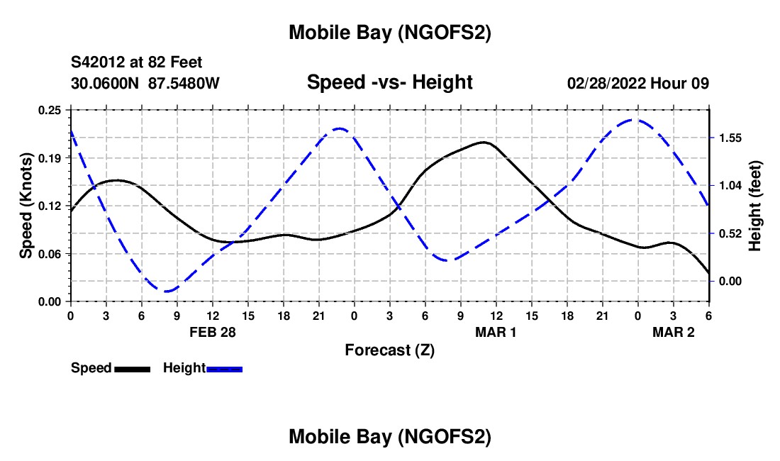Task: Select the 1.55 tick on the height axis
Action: [729, 138]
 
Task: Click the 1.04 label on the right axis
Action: [729, 185]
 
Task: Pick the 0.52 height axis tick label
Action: [729, 233]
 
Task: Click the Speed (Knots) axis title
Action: [26, 205]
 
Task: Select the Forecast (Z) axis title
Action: [389, 350]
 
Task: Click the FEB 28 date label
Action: [212, 331]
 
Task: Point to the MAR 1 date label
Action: [495, 331]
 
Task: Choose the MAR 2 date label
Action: [673, 331]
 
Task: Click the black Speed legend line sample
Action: [132, 369]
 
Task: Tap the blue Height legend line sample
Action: [225, 369]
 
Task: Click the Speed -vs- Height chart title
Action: [389, 83]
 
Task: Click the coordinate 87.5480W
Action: [184, 83]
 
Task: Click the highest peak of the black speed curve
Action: [484, 142]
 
